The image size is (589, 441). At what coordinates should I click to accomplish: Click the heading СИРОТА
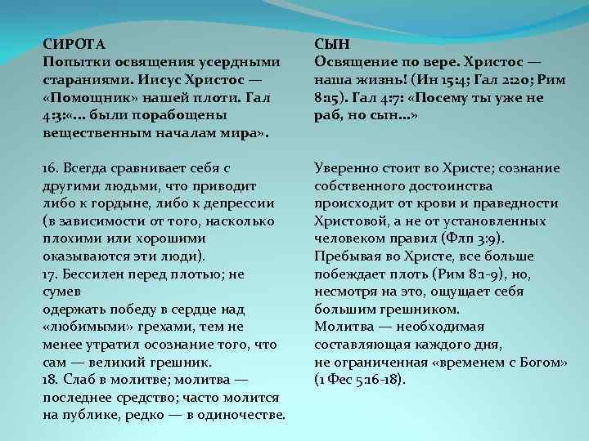tap(74, 43)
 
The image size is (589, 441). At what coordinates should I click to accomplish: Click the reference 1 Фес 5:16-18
tap(360, 380)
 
